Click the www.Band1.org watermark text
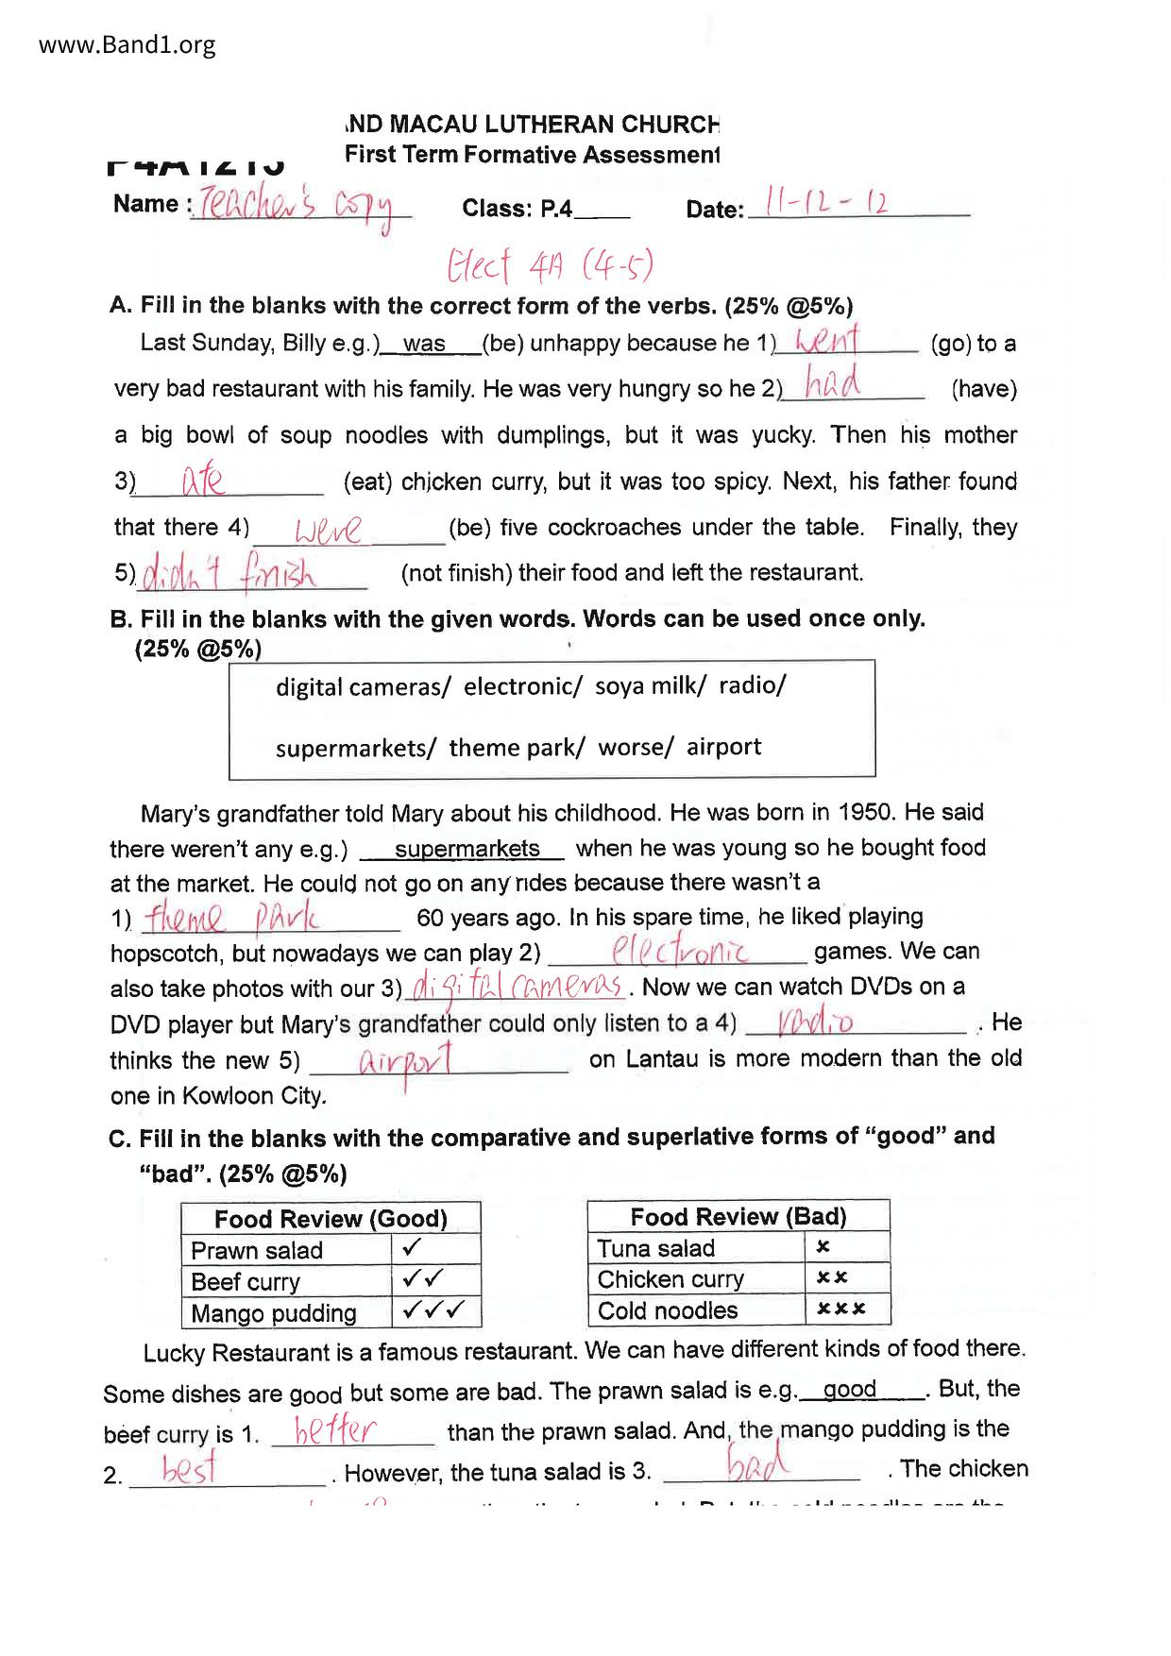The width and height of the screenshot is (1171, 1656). coord(127,45)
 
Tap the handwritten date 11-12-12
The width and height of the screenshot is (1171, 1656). coord(826,203)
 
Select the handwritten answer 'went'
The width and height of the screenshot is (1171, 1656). coord(827,340)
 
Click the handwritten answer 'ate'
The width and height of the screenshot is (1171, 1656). coord(202,482)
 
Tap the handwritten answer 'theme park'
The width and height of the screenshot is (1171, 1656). coord(231,917)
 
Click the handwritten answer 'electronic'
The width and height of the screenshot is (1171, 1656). coord(680,950)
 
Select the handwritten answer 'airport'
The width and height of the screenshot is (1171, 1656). coord(406,1061)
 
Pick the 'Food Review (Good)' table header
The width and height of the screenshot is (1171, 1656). coord(331,1218)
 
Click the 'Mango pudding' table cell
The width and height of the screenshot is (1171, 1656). coord(274,1313)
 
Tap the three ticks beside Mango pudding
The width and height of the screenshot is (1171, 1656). coord(434,1310)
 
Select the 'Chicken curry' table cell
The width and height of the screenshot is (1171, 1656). coord(670,1279)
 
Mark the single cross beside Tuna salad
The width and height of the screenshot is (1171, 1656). coord(823,1247)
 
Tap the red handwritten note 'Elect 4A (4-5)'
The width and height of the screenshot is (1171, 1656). coord(550,266)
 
